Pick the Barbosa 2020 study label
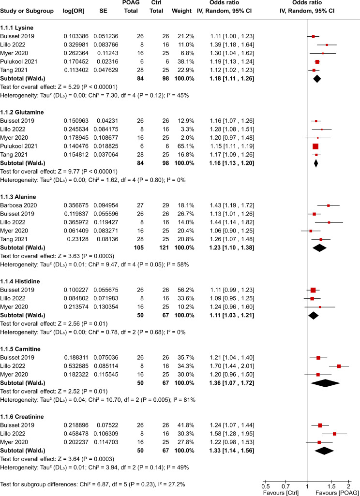[x=19, y=205]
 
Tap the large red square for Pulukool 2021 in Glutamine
[x=315, y=146]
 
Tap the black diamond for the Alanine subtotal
[x=318, y=248]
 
